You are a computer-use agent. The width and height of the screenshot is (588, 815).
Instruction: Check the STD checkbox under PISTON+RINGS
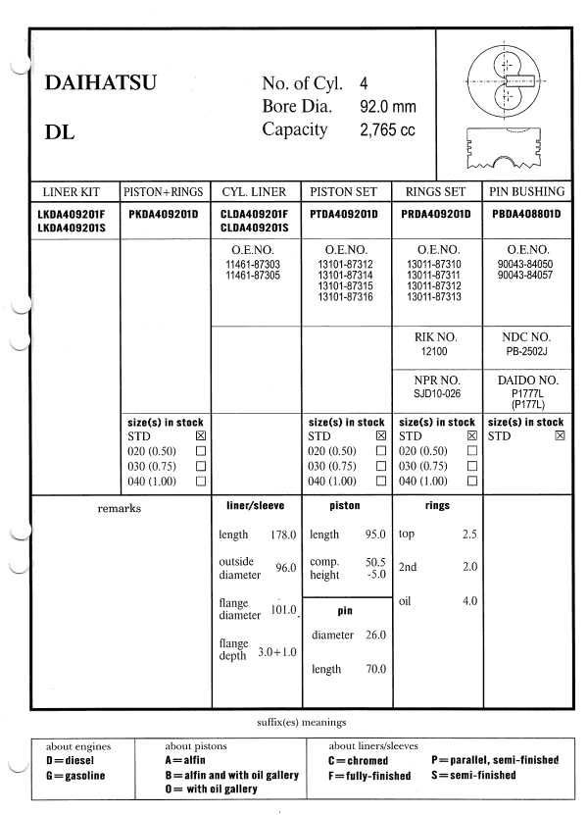201,434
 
